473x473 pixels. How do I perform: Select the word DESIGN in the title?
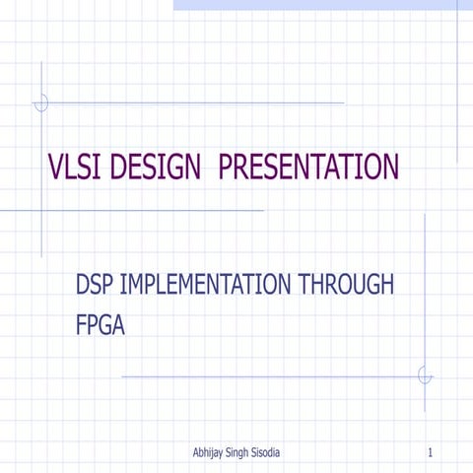(x=156, y=169)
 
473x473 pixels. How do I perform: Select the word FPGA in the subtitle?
(x=101, y=323)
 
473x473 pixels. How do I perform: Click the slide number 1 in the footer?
(x=433, y=452)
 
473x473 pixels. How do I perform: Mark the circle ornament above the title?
(x=41, y=102)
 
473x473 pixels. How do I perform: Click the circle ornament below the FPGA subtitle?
(x=425, y=375)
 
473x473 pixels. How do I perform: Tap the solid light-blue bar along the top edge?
(x=315, y=5)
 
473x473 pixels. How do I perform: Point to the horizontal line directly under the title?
(x=138, y=210)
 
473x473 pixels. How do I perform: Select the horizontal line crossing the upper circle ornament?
(x=197, y=102)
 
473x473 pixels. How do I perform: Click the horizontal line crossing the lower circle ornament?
(x=266, y=375)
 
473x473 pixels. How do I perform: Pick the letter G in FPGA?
(x=107, y=323)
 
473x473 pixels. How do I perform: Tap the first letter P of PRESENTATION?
(x=227, y=169)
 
